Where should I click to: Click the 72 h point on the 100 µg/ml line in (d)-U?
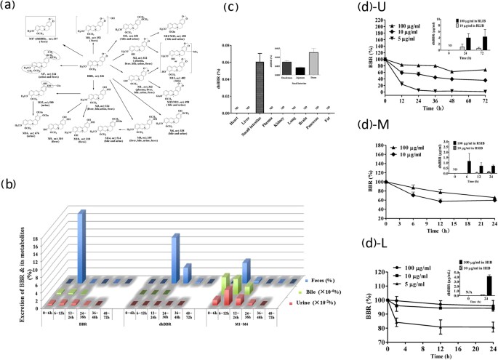coord(486,70)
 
